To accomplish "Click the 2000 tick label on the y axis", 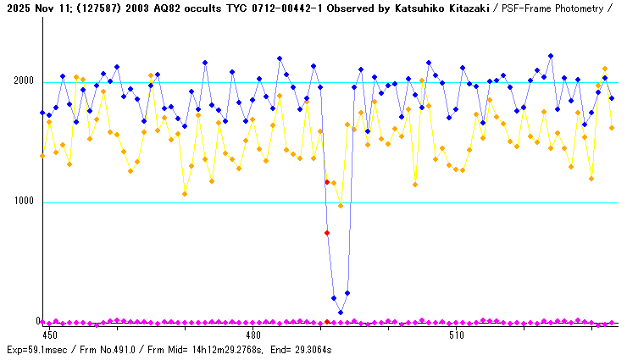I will click(x=24, y=82).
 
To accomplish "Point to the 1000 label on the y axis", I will click(x=24, y=202).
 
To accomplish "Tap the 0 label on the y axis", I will click(x=37, y=322).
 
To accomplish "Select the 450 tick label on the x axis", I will click(x=51, y=336).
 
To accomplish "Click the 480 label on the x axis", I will click(x=252, y=336).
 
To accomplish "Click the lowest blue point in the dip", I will click(x=341, y=313).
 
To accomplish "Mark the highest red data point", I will click(x=327, y=182).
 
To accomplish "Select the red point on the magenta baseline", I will click(x=327, y=322).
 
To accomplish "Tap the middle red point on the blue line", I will click(x=327, y=233).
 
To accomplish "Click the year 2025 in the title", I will click(x=16, y=8).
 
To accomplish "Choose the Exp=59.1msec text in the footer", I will click(x=36, y=350).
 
